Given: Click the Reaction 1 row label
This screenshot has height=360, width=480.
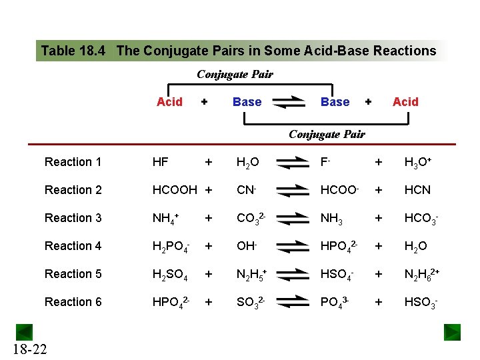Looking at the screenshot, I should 73,162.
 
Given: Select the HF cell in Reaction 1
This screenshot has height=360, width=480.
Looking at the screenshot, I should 160,162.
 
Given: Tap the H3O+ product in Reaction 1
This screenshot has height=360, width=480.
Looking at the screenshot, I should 419,162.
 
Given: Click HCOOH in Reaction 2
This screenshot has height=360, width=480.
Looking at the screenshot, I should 175,190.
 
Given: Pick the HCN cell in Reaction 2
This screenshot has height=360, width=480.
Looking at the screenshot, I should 417,190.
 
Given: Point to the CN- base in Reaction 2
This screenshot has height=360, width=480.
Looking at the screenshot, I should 247,190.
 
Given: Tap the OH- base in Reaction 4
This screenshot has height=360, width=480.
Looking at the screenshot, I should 247,246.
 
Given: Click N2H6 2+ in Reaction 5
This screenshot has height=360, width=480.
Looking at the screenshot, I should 424,275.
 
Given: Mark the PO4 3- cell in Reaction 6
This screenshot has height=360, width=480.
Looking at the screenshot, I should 335,303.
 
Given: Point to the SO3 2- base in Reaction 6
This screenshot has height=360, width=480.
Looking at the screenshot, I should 251,303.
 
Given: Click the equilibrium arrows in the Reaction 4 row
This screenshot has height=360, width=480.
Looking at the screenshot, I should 293,246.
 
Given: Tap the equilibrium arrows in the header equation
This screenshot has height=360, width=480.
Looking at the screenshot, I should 289,102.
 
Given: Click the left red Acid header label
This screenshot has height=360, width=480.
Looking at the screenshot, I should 169,102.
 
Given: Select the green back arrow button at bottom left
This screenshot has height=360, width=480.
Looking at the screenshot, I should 25,331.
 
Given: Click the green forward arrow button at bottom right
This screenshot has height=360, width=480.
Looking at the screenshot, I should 453,331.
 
